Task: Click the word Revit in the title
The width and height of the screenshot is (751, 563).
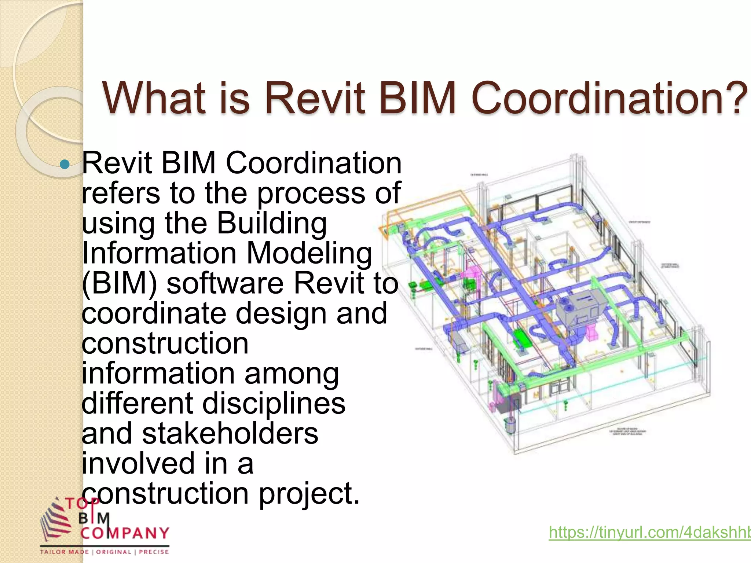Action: coord(315,98)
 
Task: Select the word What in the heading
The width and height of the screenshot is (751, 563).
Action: coord(154,98)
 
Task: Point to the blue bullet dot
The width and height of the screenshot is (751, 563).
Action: coord(65,164)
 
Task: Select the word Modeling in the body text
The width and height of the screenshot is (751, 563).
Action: coord(309,254)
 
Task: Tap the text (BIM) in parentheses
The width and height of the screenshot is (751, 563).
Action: coord(120,284)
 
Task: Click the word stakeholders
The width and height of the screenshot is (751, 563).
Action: coord(230,434)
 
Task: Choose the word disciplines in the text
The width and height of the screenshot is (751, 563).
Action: coord(274,404)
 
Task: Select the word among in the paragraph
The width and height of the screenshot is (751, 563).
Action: coord(292,374)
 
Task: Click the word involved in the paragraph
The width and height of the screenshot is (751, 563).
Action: coord(138,464)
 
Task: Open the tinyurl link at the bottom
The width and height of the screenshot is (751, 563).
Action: coord(649,532)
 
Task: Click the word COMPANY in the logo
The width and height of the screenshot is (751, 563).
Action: coord(125,533)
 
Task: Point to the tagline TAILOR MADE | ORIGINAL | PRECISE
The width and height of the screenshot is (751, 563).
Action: coord(105,552)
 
